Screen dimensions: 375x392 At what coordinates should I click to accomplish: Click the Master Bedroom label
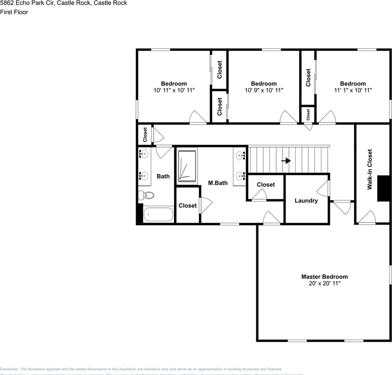click(x=324, y=277)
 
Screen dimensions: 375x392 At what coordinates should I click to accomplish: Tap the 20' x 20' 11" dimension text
click(x=324, y=283)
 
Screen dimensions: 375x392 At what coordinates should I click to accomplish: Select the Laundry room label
click(x=306, y=201)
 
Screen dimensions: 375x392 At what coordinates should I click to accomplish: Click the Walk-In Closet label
click(x=370, y=169)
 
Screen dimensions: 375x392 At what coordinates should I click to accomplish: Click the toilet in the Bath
click(x=146, y=195)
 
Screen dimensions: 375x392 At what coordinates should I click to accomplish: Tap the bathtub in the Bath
click(x=158, y=214)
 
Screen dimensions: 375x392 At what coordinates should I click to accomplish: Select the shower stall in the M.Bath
click(x=187, y=166)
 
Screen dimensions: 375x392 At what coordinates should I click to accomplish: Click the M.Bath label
click(x=218, y=183)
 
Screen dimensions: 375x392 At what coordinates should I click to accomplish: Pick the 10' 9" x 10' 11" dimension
click(x=264, y=90)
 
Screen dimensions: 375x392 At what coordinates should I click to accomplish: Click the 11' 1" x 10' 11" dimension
click(x=353, y=90)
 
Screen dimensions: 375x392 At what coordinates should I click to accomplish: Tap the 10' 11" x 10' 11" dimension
click(x=174, y=90)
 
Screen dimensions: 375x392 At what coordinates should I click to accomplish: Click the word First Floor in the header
click(x=14, y=12)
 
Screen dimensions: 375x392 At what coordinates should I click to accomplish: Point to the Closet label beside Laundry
click(x=266, y=184)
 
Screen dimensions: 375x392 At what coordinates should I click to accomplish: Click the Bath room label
click(x=163, y=176)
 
